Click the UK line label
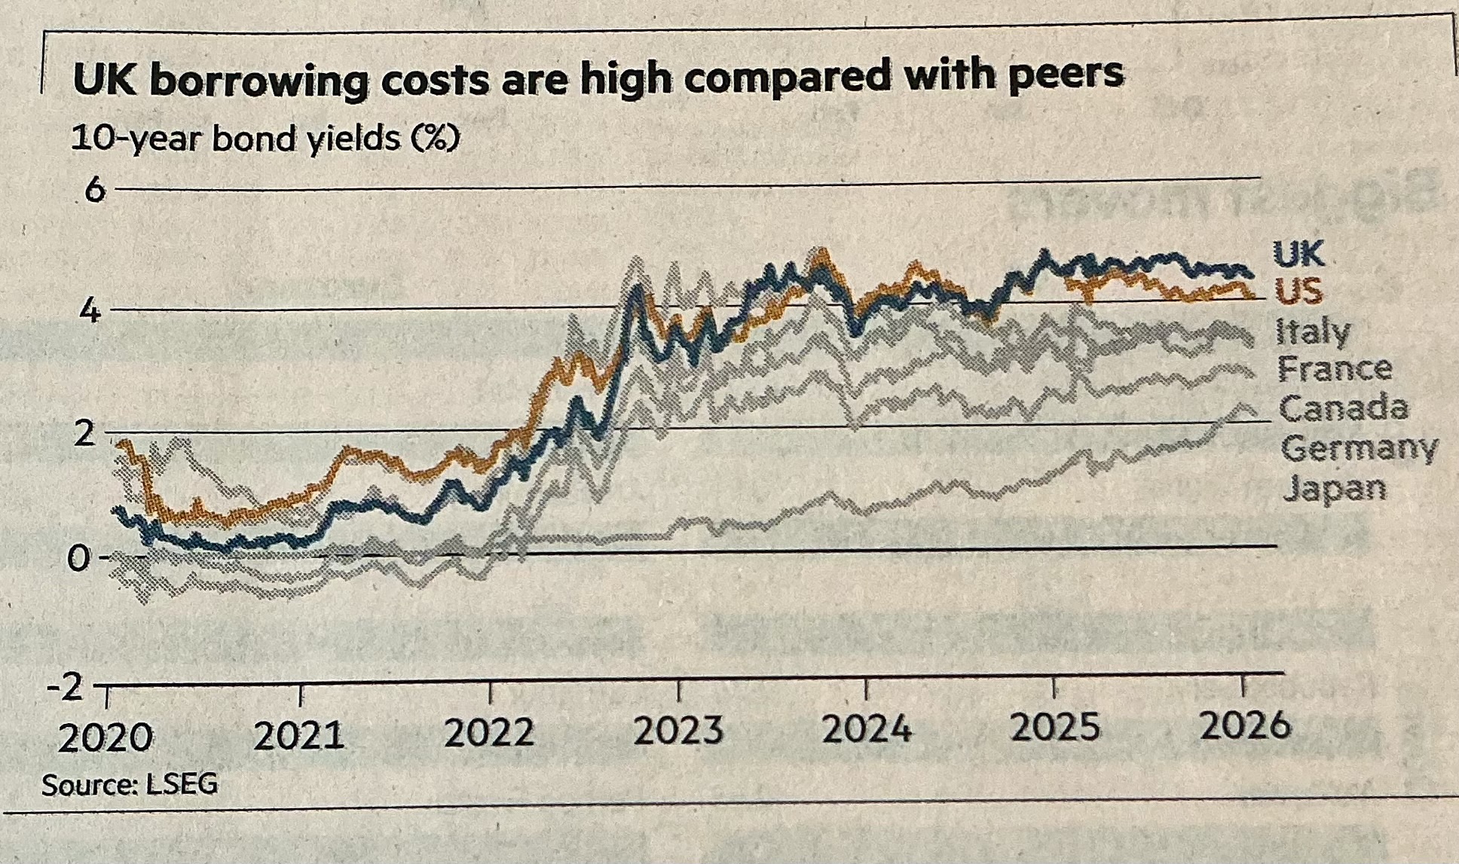pos(1298,254)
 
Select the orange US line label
pos(1298,291)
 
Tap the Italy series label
pos(1313,331)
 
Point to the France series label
pos(1334,369)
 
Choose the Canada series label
pos(1343,408)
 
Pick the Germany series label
pos(1359,449)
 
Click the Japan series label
pos(1334,489)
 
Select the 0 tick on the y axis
pos(78,558)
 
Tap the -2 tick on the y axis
pos(66,688)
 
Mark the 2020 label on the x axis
pos(106,738)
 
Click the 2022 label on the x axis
pos(489,733)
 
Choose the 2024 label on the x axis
pos(867,729)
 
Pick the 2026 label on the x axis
pos(1245,726)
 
